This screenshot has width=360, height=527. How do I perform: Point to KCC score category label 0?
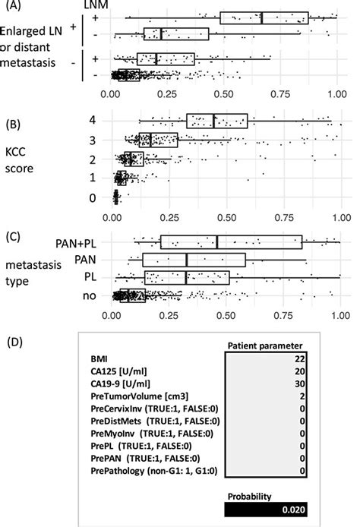93,197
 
